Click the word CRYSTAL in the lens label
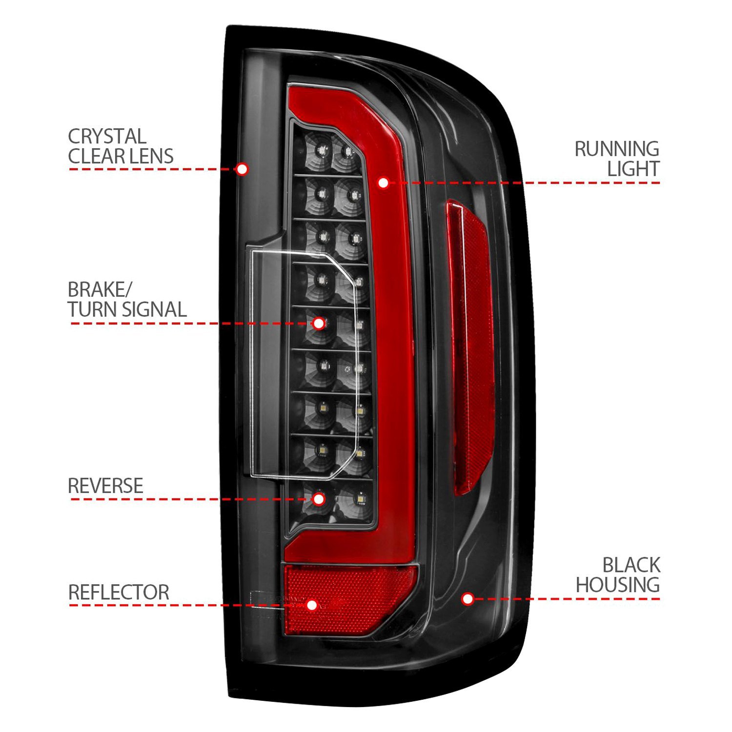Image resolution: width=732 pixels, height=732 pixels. coord(107,136)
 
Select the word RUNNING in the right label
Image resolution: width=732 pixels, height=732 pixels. coord(617,149)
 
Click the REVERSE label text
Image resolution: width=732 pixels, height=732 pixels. coord(105,486)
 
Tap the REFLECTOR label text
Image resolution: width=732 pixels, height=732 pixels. coord(119,592)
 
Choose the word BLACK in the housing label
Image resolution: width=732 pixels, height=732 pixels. coord(631,565)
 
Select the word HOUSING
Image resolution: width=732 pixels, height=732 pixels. coord(618,585)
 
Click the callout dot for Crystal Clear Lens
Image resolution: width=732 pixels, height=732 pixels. coord(241,169)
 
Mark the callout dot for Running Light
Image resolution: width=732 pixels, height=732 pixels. coord(383,183)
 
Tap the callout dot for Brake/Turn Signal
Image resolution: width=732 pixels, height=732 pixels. coord(319,323)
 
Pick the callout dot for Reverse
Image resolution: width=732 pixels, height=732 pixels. coord(319,499)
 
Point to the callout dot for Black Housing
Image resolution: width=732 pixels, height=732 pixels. coord(468,598)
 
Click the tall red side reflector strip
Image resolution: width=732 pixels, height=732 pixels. coord(469,342)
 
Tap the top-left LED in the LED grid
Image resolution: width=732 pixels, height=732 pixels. coord(321,149)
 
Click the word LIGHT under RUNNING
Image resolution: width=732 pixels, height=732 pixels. coord(633,169)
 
